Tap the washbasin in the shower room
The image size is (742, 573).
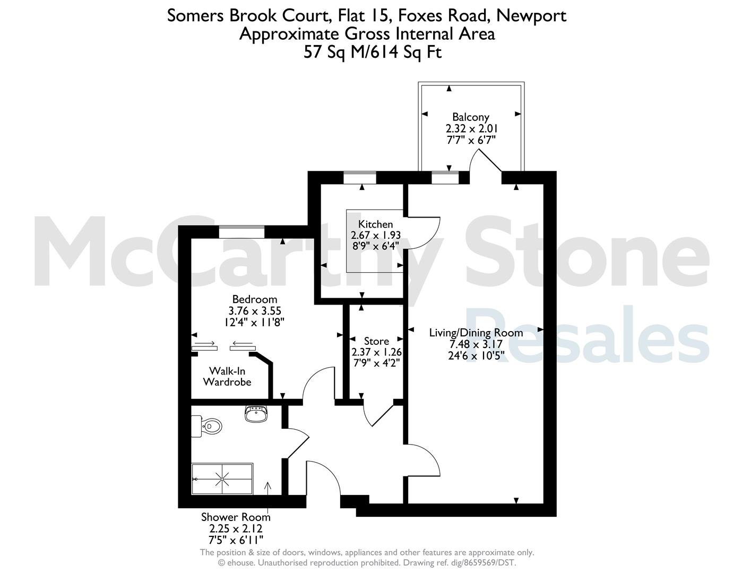(256, 414)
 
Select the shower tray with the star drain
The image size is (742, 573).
(222, 479)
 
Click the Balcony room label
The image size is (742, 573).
(471, 117)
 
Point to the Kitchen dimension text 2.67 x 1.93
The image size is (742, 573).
(376, 235)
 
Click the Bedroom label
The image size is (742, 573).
(254, 299)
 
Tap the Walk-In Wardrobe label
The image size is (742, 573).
(227, 376)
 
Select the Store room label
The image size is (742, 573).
(376, 341)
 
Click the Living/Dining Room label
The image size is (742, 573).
(476, 333)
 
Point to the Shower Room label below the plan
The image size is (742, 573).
(236, 517)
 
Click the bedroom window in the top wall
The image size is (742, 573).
(241, 232)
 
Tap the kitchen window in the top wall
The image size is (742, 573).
(359, 177)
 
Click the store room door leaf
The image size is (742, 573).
(383, 415)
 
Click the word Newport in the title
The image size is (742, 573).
(531, 15)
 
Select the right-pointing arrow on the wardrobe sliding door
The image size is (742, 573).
(204, 343)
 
